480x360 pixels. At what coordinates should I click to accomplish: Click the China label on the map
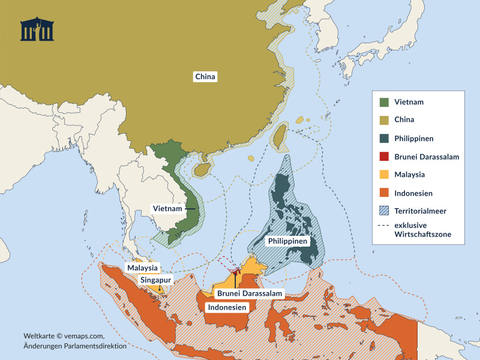click(205, 77)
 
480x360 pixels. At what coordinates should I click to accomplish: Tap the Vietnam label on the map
click(167, 208)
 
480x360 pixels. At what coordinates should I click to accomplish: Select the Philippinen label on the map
click(286, 241)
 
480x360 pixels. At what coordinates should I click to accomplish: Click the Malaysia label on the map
click(142, 268)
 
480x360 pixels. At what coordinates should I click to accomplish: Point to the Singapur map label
click(156, 280)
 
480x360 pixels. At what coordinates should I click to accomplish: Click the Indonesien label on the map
click(227, 307)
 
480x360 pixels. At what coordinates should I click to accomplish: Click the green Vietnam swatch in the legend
click(384, 101)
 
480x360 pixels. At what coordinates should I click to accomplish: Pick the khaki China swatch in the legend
click(384, 119)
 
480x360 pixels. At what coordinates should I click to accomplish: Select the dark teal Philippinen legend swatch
click(384, 138)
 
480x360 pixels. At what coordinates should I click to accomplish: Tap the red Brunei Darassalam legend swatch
click(384, 157)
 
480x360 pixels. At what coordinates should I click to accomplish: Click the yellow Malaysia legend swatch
click(384, 175)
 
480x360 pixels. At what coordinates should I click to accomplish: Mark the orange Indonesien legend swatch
click(384, 193)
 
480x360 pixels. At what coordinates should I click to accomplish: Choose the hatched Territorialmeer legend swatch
click(384, 211)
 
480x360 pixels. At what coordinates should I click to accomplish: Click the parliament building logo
click(37, 29)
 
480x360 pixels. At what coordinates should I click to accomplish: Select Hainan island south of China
click(202, 170)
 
